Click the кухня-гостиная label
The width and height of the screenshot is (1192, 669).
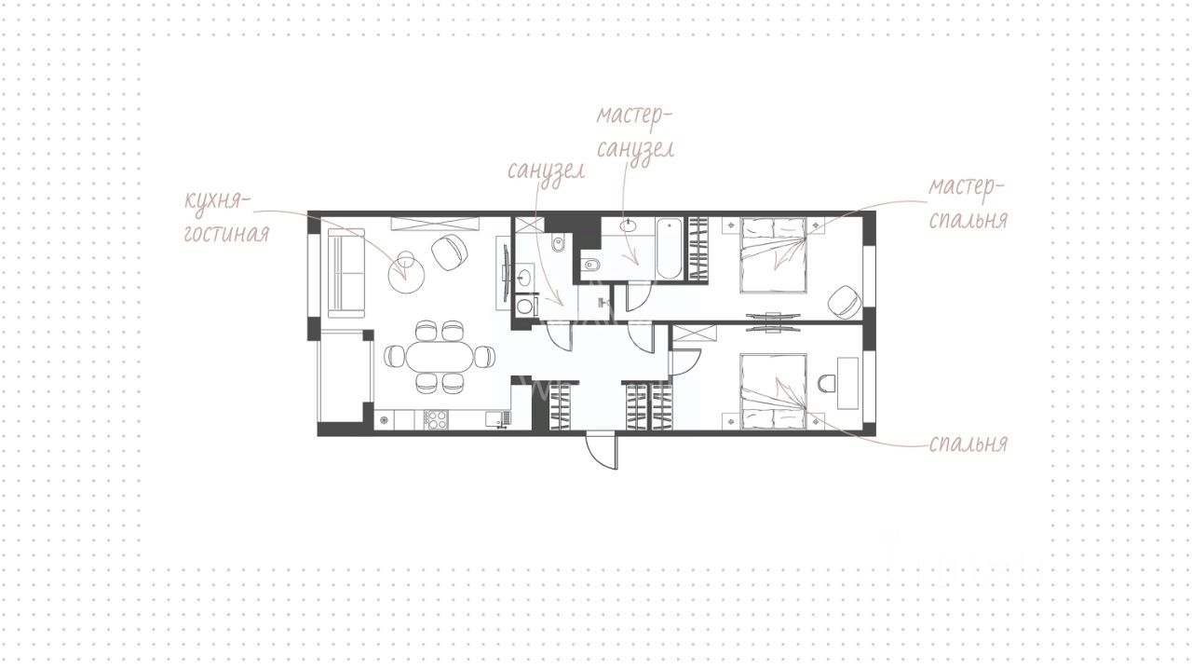(226, 217)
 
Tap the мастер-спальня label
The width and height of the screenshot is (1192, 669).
(968, 203)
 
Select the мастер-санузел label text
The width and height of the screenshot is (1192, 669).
(634, 132)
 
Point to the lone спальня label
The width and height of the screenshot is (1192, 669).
(968, 444)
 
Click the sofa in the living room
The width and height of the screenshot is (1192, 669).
(345, 273)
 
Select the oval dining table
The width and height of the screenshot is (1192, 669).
(440, 356)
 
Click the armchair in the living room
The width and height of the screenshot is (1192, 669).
(450, 253)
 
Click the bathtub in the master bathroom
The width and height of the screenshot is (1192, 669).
(669, 248)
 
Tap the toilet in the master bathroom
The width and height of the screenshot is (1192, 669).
(590, 265)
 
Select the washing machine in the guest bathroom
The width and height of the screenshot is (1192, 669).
(527, 307)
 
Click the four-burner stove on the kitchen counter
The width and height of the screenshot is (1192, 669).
(436, 419)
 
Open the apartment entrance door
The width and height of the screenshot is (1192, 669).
(602, 452)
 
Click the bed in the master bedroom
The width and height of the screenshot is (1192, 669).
(774, 255)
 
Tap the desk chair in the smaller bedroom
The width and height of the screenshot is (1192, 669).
(826, 383)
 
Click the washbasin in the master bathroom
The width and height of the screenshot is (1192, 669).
(629, 225)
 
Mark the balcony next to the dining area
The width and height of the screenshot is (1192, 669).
(345, 376)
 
